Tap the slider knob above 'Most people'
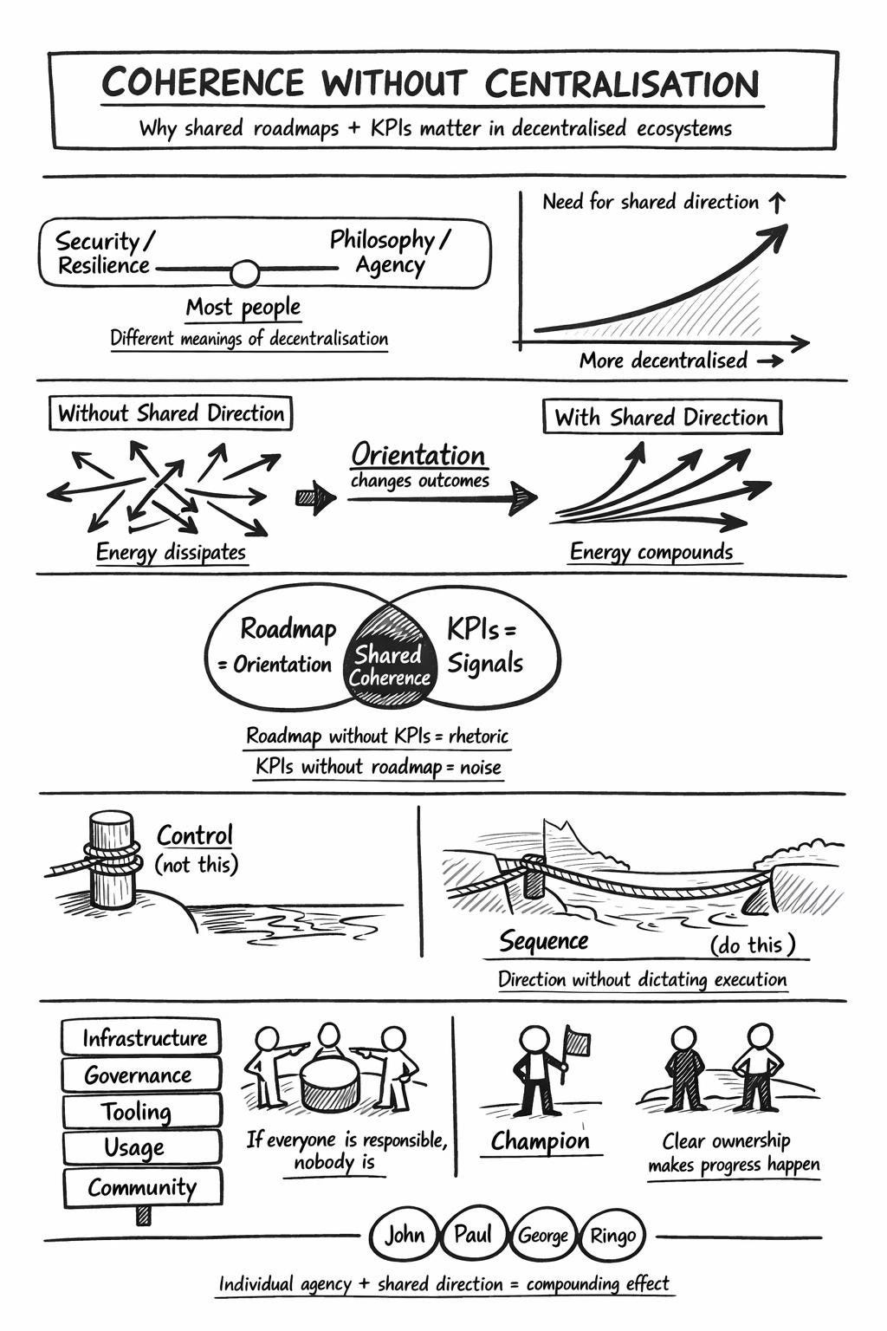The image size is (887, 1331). [245, 273]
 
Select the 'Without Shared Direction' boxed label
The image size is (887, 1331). [171, 413]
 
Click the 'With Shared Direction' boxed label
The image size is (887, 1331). [662, 418]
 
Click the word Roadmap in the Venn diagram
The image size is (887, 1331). [288, 628]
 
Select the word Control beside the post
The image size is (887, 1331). [195, 835]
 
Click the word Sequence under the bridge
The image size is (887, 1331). [543, 941]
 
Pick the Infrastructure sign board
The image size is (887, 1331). [143, 1037]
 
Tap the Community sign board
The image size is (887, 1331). [142, 1186]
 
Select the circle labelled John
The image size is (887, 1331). [404, 1235]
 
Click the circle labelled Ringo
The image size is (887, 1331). [613, 1236]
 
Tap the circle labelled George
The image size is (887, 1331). [543, 1237]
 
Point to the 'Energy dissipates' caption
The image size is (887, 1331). [171, 552]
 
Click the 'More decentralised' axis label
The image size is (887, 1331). [663, 360]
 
